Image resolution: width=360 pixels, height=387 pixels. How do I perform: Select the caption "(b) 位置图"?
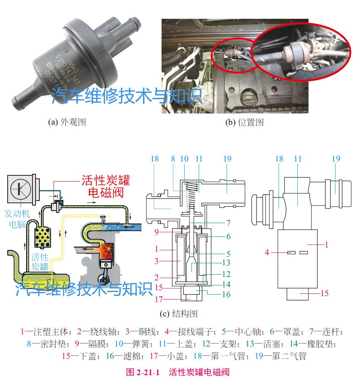click(245, 122)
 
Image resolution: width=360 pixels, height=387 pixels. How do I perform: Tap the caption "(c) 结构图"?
click(178, 314)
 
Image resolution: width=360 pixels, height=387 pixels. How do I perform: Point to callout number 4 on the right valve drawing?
click(268, 252)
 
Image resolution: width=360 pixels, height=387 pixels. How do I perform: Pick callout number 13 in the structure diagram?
click(226, 263)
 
